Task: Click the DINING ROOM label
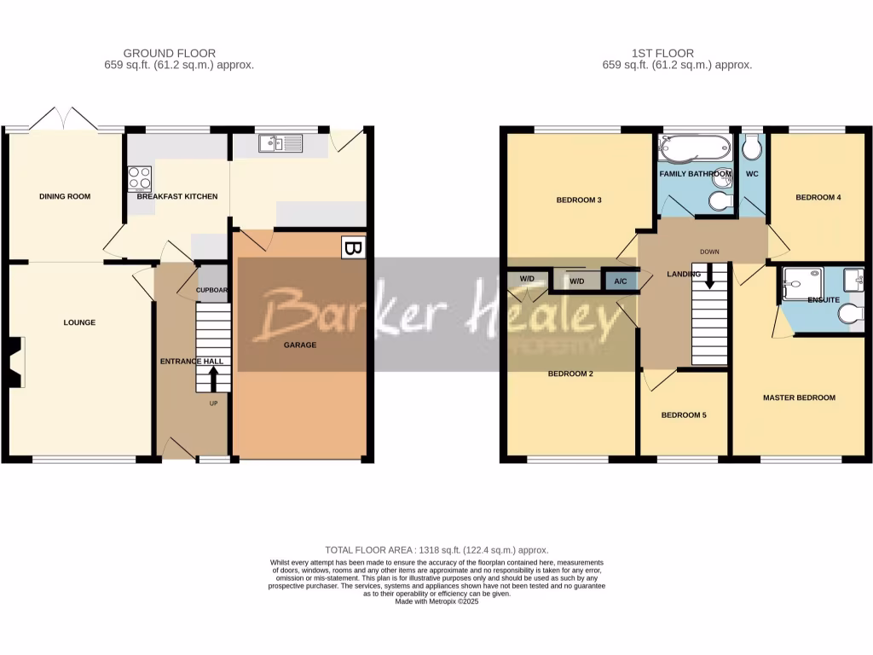point(65,197)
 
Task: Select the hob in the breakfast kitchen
point(139,177)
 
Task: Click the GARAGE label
point(299,345)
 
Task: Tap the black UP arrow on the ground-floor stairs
point(213,379)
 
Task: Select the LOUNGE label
point(79,323)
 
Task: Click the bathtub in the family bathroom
point(694,150)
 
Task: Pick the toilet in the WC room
point(751,148)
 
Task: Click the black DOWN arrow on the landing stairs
point(708,276)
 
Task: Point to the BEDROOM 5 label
point(684,415)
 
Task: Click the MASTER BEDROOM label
point(799,398)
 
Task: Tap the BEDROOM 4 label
point(818,198)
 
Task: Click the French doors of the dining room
point(64,121)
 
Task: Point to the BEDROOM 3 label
point(579,201)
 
